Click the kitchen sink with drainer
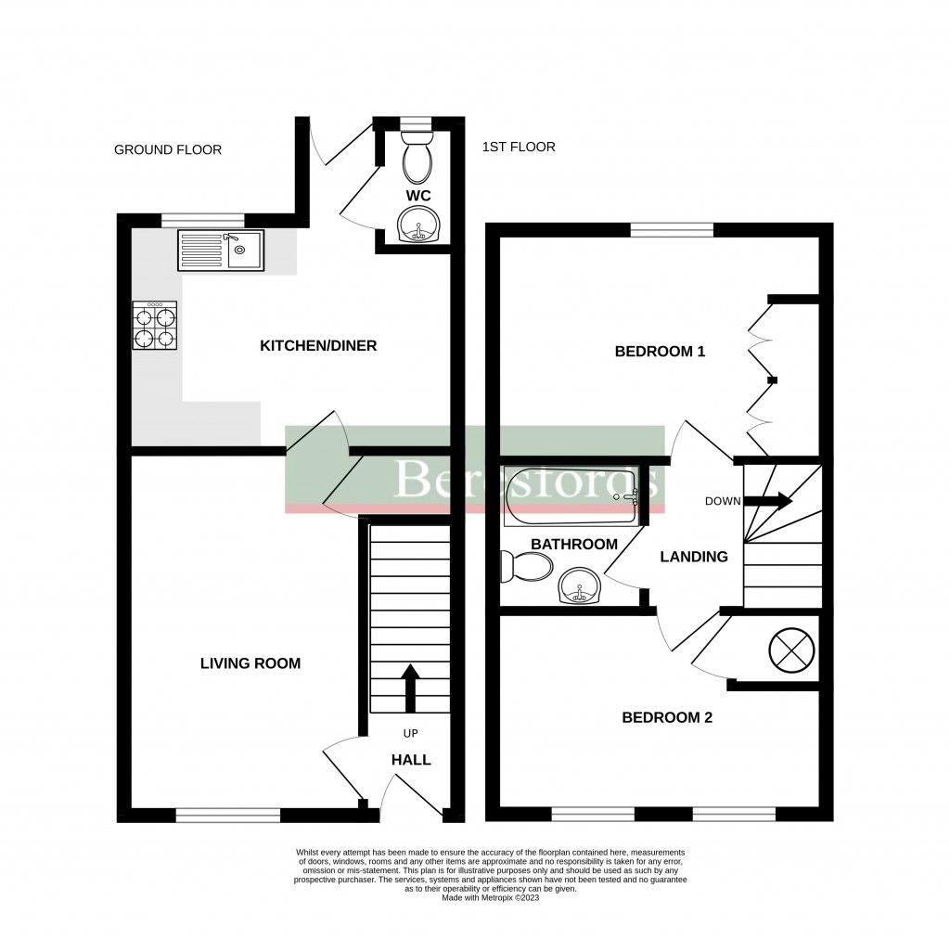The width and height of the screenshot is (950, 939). point(221,250)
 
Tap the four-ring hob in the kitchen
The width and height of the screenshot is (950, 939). point(155,327)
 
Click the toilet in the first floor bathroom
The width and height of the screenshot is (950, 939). point(525,565)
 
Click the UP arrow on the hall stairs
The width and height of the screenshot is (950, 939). point(409,686)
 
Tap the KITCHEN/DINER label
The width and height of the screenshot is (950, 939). point(317,346)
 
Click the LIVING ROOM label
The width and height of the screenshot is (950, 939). point(250,663)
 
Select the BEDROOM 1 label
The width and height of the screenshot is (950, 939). point(661,352)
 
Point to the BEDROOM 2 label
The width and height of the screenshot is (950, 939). point(666,717)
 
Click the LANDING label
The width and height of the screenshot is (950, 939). point(693,557)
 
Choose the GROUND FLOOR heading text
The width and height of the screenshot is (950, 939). point(168,149)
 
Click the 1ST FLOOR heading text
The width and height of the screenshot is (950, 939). point(519,147)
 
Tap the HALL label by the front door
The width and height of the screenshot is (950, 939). point(411,760)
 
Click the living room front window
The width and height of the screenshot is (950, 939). point(228,816)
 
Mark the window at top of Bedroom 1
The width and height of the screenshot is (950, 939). point(672,229)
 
